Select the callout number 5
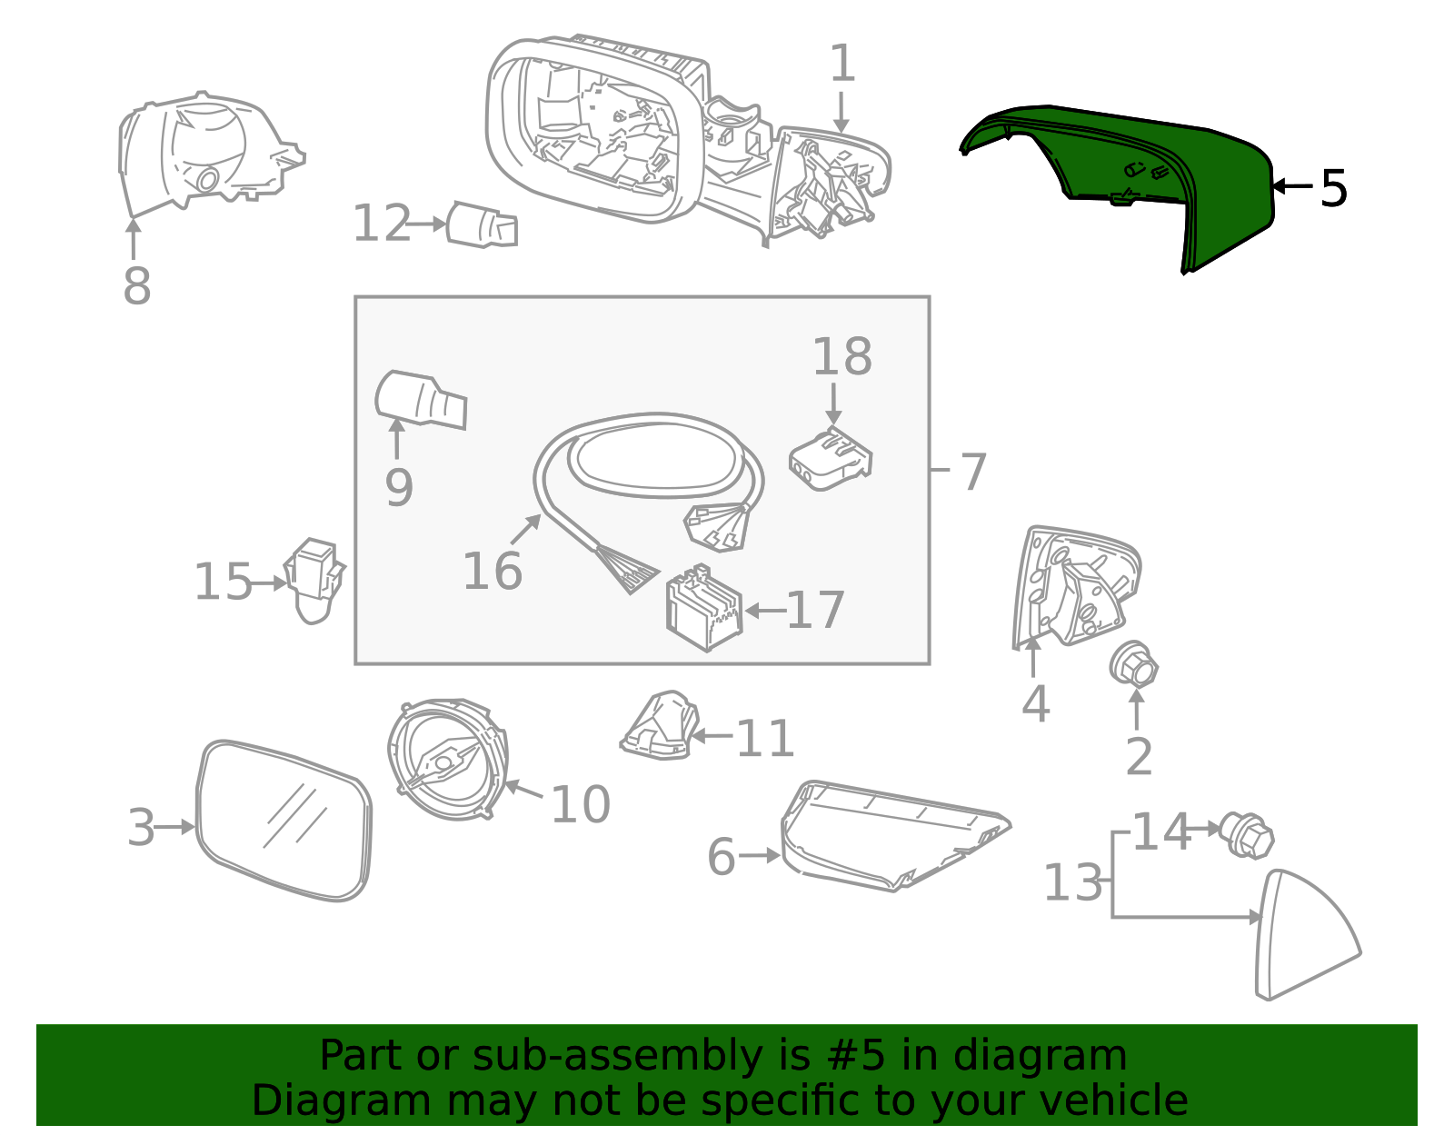1333,188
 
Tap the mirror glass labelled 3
284,821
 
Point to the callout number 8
136,285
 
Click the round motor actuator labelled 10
447,759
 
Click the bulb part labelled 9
421,399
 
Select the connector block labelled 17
704,608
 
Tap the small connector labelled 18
830,459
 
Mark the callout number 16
492,571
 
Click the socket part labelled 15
314,580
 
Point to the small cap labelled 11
660,726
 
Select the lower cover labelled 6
894,835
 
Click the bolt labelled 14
1246,835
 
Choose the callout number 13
1072,881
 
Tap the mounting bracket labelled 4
1075,586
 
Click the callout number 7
973,472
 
